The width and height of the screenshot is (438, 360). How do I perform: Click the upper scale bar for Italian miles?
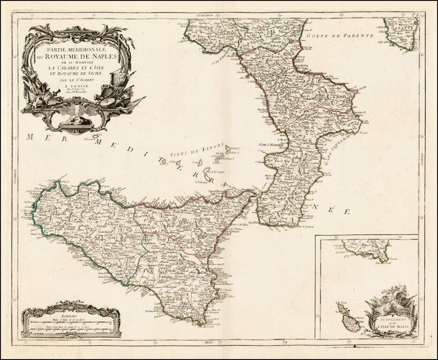(x=70, y=323)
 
